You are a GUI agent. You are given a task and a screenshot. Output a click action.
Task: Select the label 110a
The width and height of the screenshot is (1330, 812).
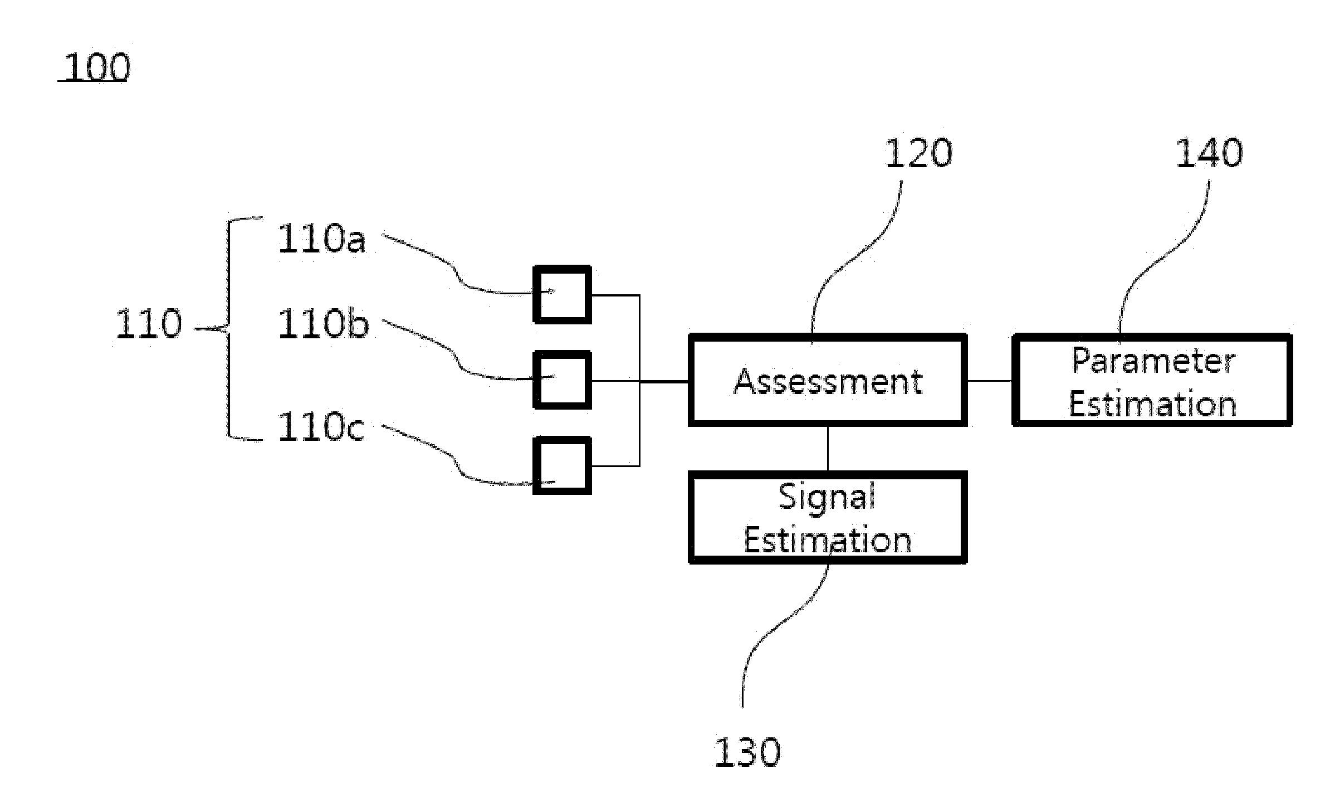point(321,239)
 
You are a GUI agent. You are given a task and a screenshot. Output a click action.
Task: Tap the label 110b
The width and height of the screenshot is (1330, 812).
point(323,324)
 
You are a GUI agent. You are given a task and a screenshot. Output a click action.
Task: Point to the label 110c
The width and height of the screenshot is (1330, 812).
point(321,427)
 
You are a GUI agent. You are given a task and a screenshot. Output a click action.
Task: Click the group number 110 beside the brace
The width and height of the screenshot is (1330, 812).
point(149,324)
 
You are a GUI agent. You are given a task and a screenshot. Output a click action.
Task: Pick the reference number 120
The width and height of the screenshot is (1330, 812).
point(918,153)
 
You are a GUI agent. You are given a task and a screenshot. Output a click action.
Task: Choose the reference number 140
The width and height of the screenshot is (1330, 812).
point(1209,153)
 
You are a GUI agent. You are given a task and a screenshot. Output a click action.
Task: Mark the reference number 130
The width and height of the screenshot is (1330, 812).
point(747,752)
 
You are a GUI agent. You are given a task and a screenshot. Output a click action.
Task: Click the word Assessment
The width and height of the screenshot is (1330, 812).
point(828,382)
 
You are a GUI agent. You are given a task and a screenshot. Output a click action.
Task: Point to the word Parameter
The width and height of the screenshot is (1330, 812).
point(1153,361)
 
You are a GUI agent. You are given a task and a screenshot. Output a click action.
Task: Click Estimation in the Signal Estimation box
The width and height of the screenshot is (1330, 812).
point(828,540)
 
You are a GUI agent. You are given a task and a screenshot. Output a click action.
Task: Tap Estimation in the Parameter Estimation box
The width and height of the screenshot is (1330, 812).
point(1153,404)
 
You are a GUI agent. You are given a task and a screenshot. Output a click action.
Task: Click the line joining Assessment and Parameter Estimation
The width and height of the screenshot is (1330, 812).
point(990,381)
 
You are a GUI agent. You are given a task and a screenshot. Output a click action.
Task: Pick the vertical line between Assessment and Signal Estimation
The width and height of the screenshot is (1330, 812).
point(828,449)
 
